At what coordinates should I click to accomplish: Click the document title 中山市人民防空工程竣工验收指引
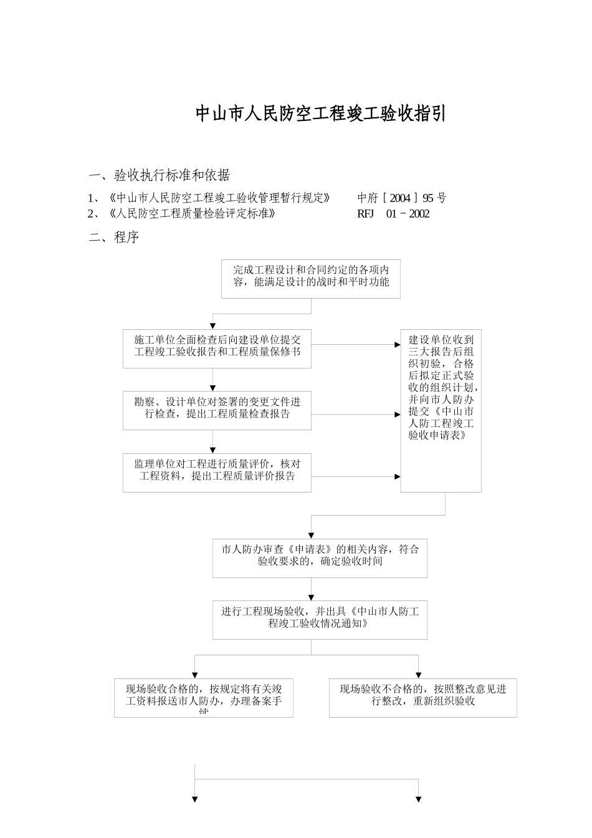click(x=320, y=114)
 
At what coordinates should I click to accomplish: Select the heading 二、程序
click(x=114, y=238)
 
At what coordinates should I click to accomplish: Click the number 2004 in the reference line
click(x=400, y=198)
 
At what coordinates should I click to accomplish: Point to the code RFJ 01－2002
click(x=393, y=214)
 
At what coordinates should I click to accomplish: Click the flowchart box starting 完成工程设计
click(x=310, y=279)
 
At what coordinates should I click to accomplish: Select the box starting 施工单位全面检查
click(x=217, y=348)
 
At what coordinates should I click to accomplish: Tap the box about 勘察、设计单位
click(x=217, y=410)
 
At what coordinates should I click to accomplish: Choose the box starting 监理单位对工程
click(x=217, y=473)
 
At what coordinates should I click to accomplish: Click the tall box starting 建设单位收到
click(x=441, y=410)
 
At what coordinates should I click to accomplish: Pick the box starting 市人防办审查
click(x=320, y=558)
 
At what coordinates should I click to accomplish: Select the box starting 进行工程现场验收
click(x=320, y=620)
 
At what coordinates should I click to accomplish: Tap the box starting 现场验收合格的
click(x=203, y=698)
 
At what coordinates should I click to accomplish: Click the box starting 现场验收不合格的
click(x=423, y=698)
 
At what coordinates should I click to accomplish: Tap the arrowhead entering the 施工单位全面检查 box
click(x=212, y=325)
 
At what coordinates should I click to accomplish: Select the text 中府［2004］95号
click(x=402, y=198)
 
